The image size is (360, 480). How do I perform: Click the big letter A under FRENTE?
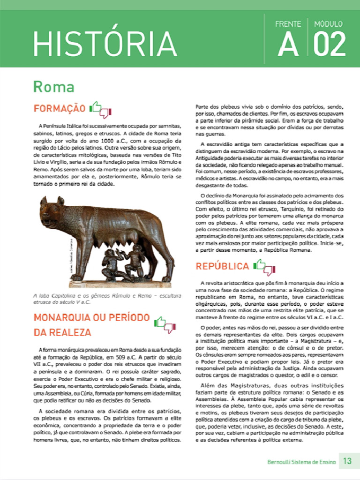288,45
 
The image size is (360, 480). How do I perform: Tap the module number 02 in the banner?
329,45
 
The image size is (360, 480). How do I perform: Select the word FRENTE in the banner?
288,24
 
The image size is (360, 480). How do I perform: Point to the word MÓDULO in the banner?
329,24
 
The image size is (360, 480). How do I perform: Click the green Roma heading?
53,87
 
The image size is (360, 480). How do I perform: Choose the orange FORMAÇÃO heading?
59,109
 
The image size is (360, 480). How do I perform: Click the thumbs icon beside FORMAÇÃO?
101,109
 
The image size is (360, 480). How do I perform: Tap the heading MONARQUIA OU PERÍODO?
91,317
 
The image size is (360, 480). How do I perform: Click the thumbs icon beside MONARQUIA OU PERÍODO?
165,324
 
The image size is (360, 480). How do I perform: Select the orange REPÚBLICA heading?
222,266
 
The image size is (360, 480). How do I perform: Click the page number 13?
347,461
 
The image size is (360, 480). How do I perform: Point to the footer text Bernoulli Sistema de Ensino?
301,462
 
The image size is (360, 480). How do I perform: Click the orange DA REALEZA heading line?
62,333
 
